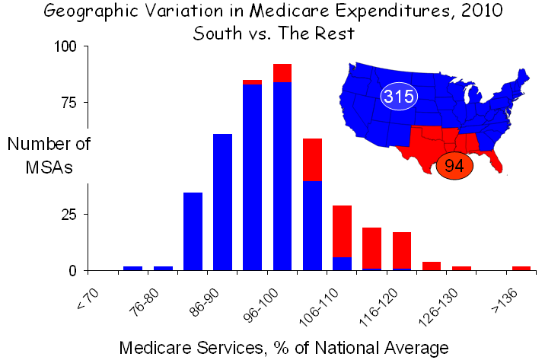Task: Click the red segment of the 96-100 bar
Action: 282,72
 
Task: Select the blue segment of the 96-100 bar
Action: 282,175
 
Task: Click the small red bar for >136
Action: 521,268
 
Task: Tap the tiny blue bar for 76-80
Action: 163,268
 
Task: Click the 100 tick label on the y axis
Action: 65,46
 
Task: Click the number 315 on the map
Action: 397,97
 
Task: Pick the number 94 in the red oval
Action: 454,166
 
